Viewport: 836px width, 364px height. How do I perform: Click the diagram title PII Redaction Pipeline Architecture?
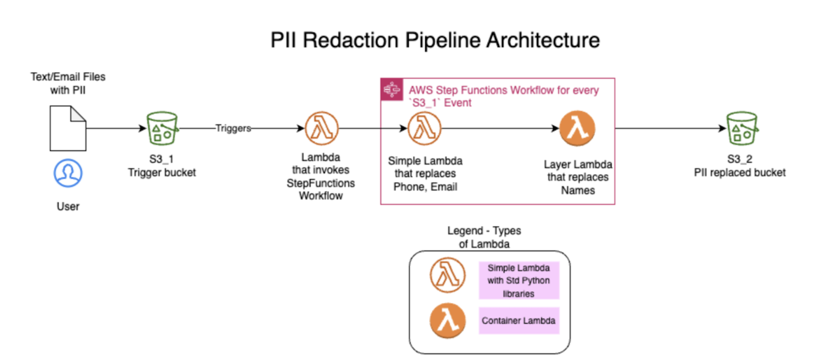435,40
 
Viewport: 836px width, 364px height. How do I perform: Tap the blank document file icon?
68,128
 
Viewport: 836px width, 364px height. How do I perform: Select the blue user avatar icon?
68,173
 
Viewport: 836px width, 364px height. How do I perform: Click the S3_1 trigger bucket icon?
162,128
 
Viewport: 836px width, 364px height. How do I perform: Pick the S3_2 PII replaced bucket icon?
742,128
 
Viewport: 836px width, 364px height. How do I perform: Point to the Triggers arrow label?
233,128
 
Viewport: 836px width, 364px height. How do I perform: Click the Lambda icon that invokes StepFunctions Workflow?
322,128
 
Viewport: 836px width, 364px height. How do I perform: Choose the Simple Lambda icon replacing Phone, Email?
424,128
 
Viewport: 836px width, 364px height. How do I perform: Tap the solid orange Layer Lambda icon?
577,128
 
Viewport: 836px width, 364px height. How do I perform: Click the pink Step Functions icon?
392,89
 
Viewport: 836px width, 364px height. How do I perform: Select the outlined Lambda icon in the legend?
447,275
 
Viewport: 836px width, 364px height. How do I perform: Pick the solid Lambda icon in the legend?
447,321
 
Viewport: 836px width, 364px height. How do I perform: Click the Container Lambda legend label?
518,321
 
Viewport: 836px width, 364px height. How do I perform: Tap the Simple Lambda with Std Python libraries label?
518,280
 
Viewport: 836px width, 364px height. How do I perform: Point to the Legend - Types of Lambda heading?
484,237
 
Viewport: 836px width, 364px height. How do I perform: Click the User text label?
68,207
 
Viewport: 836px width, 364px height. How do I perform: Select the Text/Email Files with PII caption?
68,83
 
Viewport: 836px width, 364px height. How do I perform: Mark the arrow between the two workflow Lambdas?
500,128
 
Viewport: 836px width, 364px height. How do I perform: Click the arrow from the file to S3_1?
116,128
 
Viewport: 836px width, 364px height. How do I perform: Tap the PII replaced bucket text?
740,173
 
